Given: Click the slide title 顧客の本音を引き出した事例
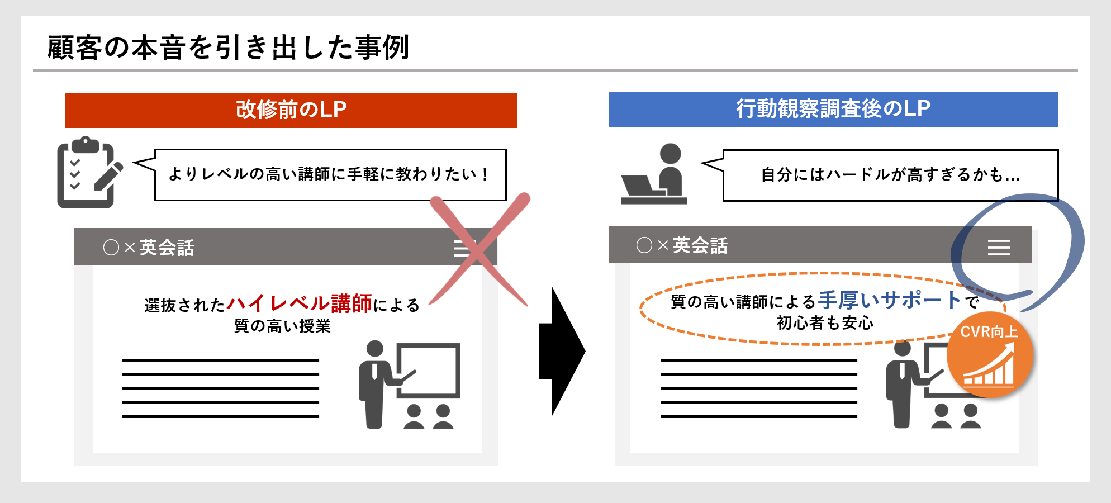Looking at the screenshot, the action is (x=229, y=48).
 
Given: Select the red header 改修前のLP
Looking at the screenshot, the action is (x=291, y=110).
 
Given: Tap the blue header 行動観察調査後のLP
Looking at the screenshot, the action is (x=833, y=109).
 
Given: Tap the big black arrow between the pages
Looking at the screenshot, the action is (x=562, y=352).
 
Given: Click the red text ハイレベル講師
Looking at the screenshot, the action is (x=300, y=303).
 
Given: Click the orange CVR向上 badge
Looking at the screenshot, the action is (x=990, y=354).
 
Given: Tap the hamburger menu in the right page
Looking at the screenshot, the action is (x=999, y=247).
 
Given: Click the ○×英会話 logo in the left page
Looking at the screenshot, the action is (x=149, y=247).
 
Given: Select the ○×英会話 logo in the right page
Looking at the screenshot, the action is (x=682, y=245).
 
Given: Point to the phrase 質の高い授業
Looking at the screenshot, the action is (x=282, y=326).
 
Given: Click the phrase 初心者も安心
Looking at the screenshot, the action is (x=825, y=322).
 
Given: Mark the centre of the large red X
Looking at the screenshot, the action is (x=479, y=251).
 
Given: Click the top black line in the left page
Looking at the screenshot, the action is (x=221, y=360).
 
